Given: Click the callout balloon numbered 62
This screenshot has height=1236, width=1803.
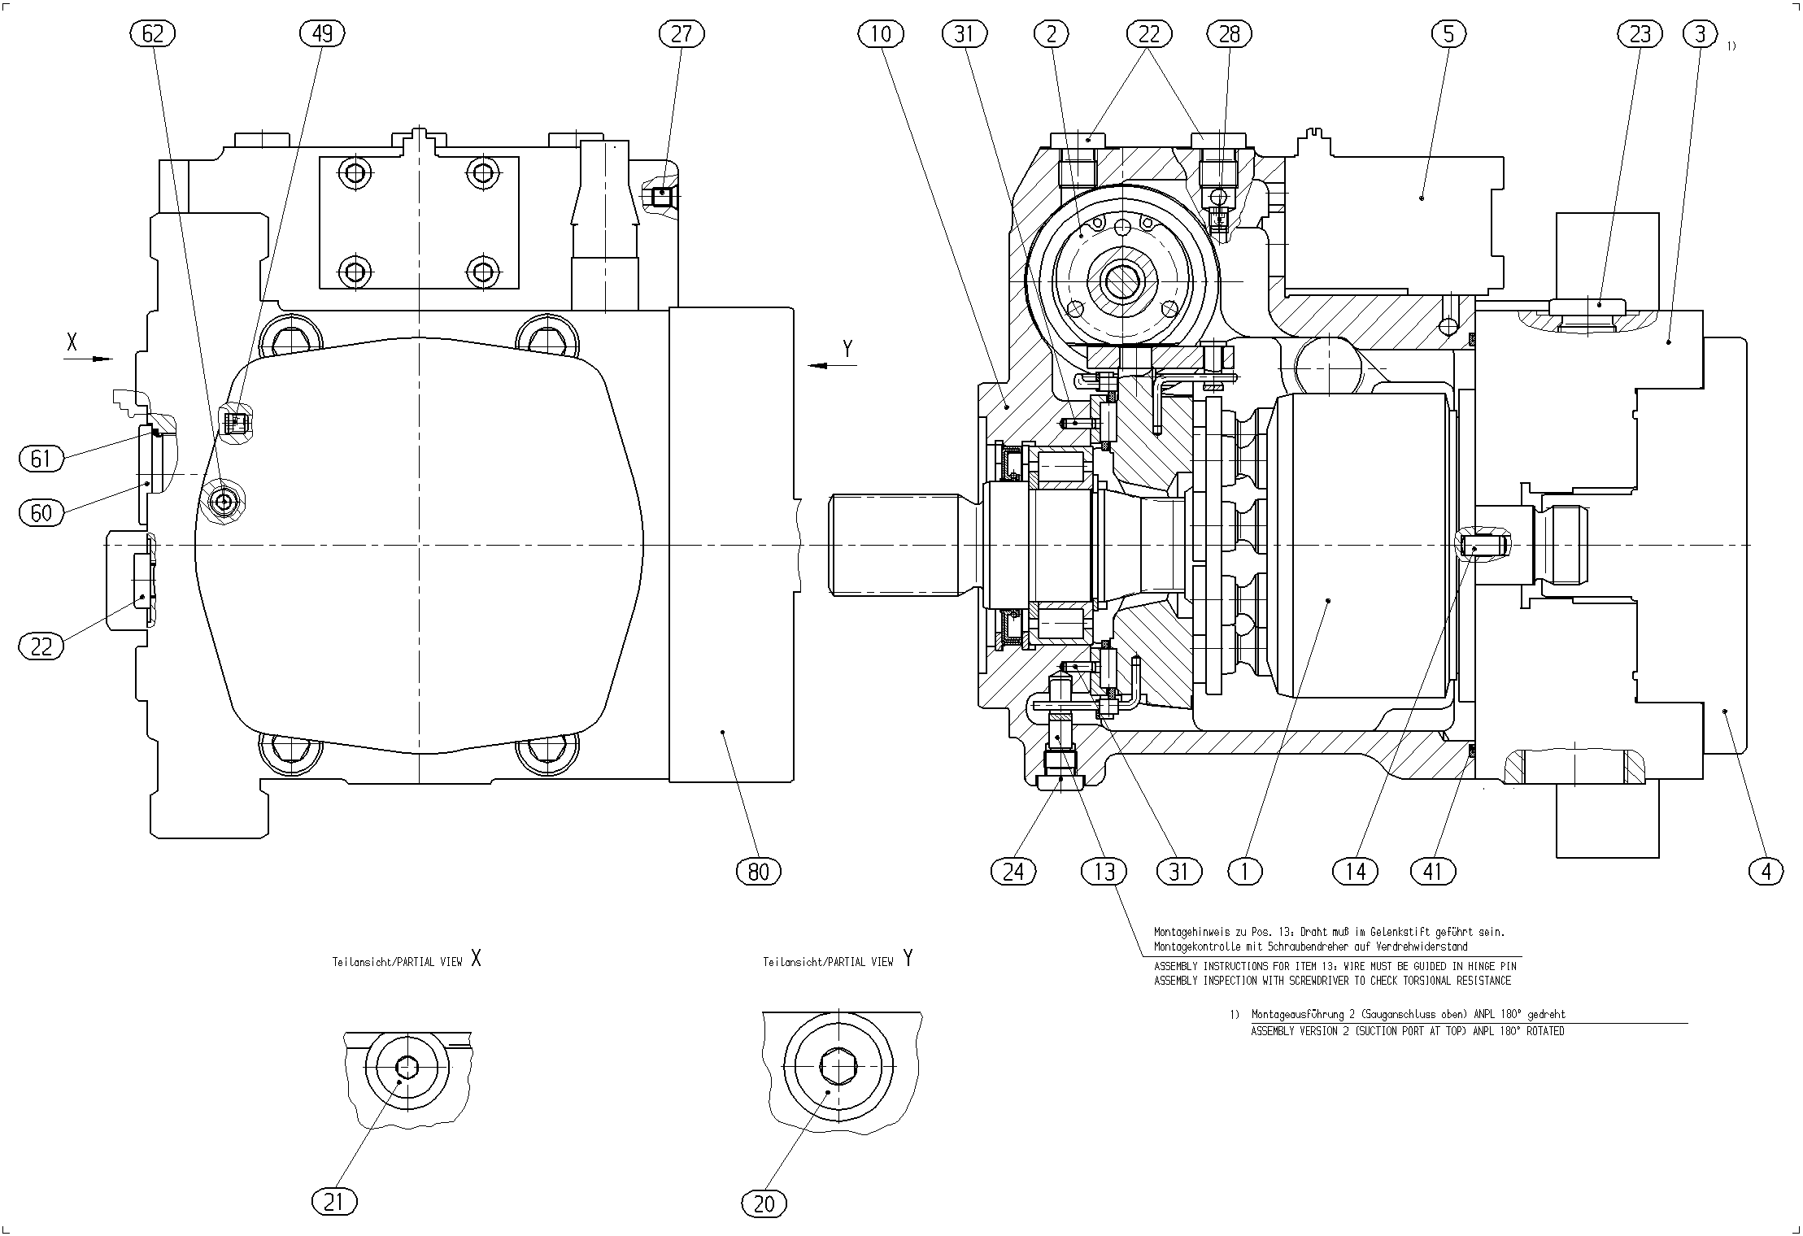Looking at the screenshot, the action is click(x=153, y=33).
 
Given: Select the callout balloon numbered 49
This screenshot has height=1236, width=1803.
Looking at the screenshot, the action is click(x=322, y=33).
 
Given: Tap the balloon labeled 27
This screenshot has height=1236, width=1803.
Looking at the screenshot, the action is click(x=682, y=33).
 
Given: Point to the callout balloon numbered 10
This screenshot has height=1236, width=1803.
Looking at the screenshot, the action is click(x=881, y=33).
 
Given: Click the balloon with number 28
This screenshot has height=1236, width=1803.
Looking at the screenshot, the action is click(x=1230, y=33).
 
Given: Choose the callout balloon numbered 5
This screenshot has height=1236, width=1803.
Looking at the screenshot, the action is click(x=1449, y=33).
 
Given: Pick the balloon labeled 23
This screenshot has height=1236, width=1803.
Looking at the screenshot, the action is click(x=1641, y=33).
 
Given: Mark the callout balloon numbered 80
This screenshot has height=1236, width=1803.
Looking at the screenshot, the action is click(x=758, y=873).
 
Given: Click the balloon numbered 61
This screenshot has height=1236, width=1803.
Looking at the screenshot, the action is click(x=41, y=459).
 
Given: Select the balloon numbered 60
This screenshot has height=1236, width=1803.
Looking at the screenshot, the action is click(x=41, y=512).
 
